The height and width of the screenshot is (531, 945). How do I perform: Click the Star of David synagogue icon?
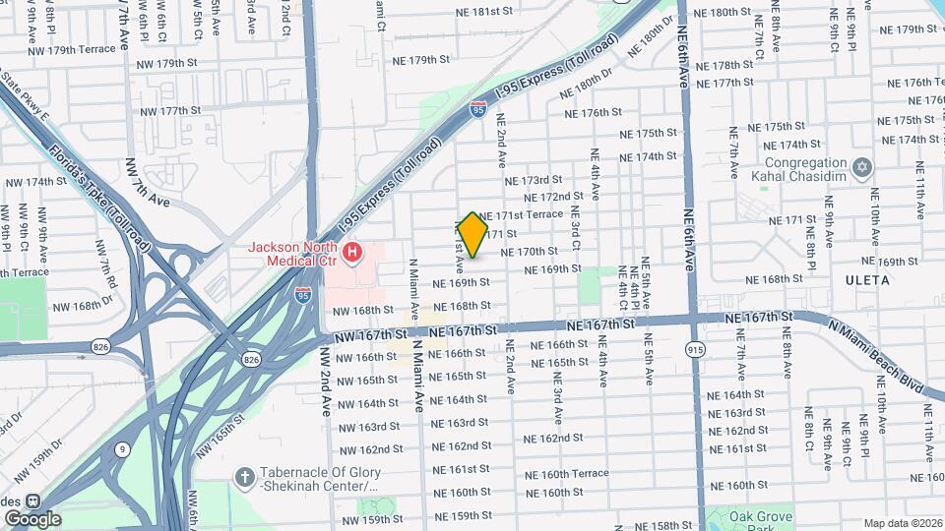pyautogui.click(x=863, y=168)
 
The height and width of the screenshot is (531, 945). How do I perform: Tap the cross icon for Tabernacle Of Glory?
pyautogui.click(x=245, y=477)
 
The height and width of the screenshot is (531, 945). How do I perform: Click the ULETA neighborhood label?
pyautogui.click(x=866, y=280)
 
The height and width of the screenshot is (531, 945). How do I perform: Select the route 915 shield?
pyautogui.click(x=697, y=350)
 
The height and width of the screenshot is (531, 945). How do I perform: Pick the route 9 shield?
pyautogui.click(x=122, y=450)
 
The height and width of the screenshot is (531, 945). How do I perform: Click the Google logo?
pyautogui.click(x=32, y=518)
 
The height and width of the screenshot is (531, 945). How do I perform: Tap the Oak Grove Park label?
pyautogui.click(x=760, y=518)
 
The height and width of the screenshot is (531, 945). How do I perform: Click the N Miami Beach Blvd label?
pyautogui.click(x=877, y=357)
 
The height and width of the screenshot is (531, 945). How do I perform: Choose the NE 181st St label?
pyautogui.click(x=480, y=12)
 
